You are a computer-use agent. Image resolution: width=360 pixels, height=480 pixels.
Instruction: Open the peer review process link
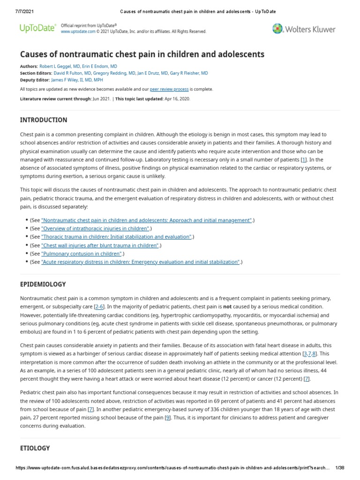pyautogui.click(x=169, y=89)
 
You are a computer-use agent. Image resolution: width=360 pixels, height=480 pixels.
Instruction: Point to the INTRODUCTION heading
pyautogui.click(x=44, y=120)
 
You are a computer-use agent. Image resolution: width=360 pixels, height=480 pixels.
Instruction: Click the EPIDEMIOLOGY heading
pyautogui.click(x=43, y=284)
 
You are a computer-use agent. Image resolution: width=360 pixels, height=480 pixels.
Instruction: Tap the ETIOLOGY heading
pyautogui.click(x=35, y=448)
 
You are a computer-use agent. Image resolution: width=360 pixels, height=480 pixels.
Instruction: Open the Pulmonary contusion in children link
pyautogui.click(x=82, y=254)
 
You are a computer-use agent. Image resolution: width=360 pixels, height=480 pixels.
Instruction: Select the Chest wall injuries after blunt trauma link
pyautogui.click(x=100, y=245)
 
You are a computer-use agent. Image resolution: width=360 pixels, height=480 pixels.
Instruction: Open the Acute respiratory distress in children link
pyautogui.click(x=141, y=262)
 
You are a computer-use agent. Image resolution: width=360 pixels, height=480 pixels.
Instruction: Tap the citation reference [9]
pyautogui.click(x=167, y=418)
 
